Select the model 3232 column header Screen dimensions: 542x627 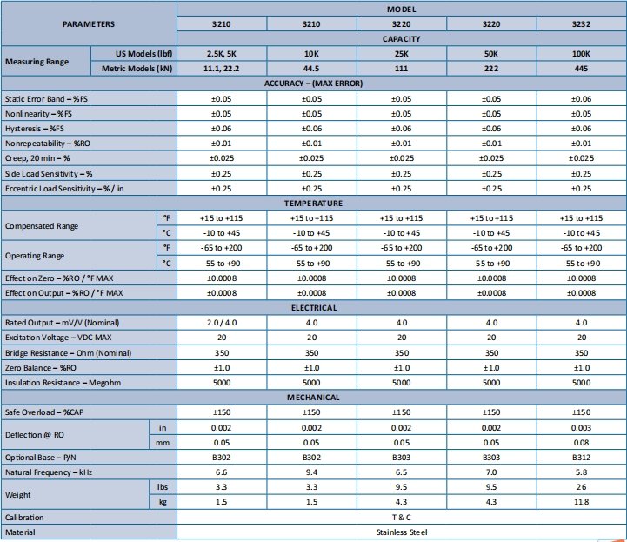582,24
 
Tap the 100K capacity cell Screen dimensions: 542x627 582,53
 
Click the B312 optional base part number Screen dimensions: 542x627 582,458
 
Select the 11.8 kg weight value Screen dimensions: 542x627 582,502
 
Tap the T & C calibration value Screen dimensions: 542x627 401,517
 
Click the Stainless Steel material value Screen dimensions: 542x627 401,532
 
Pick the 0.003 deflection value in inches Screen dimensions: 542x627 582,427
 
